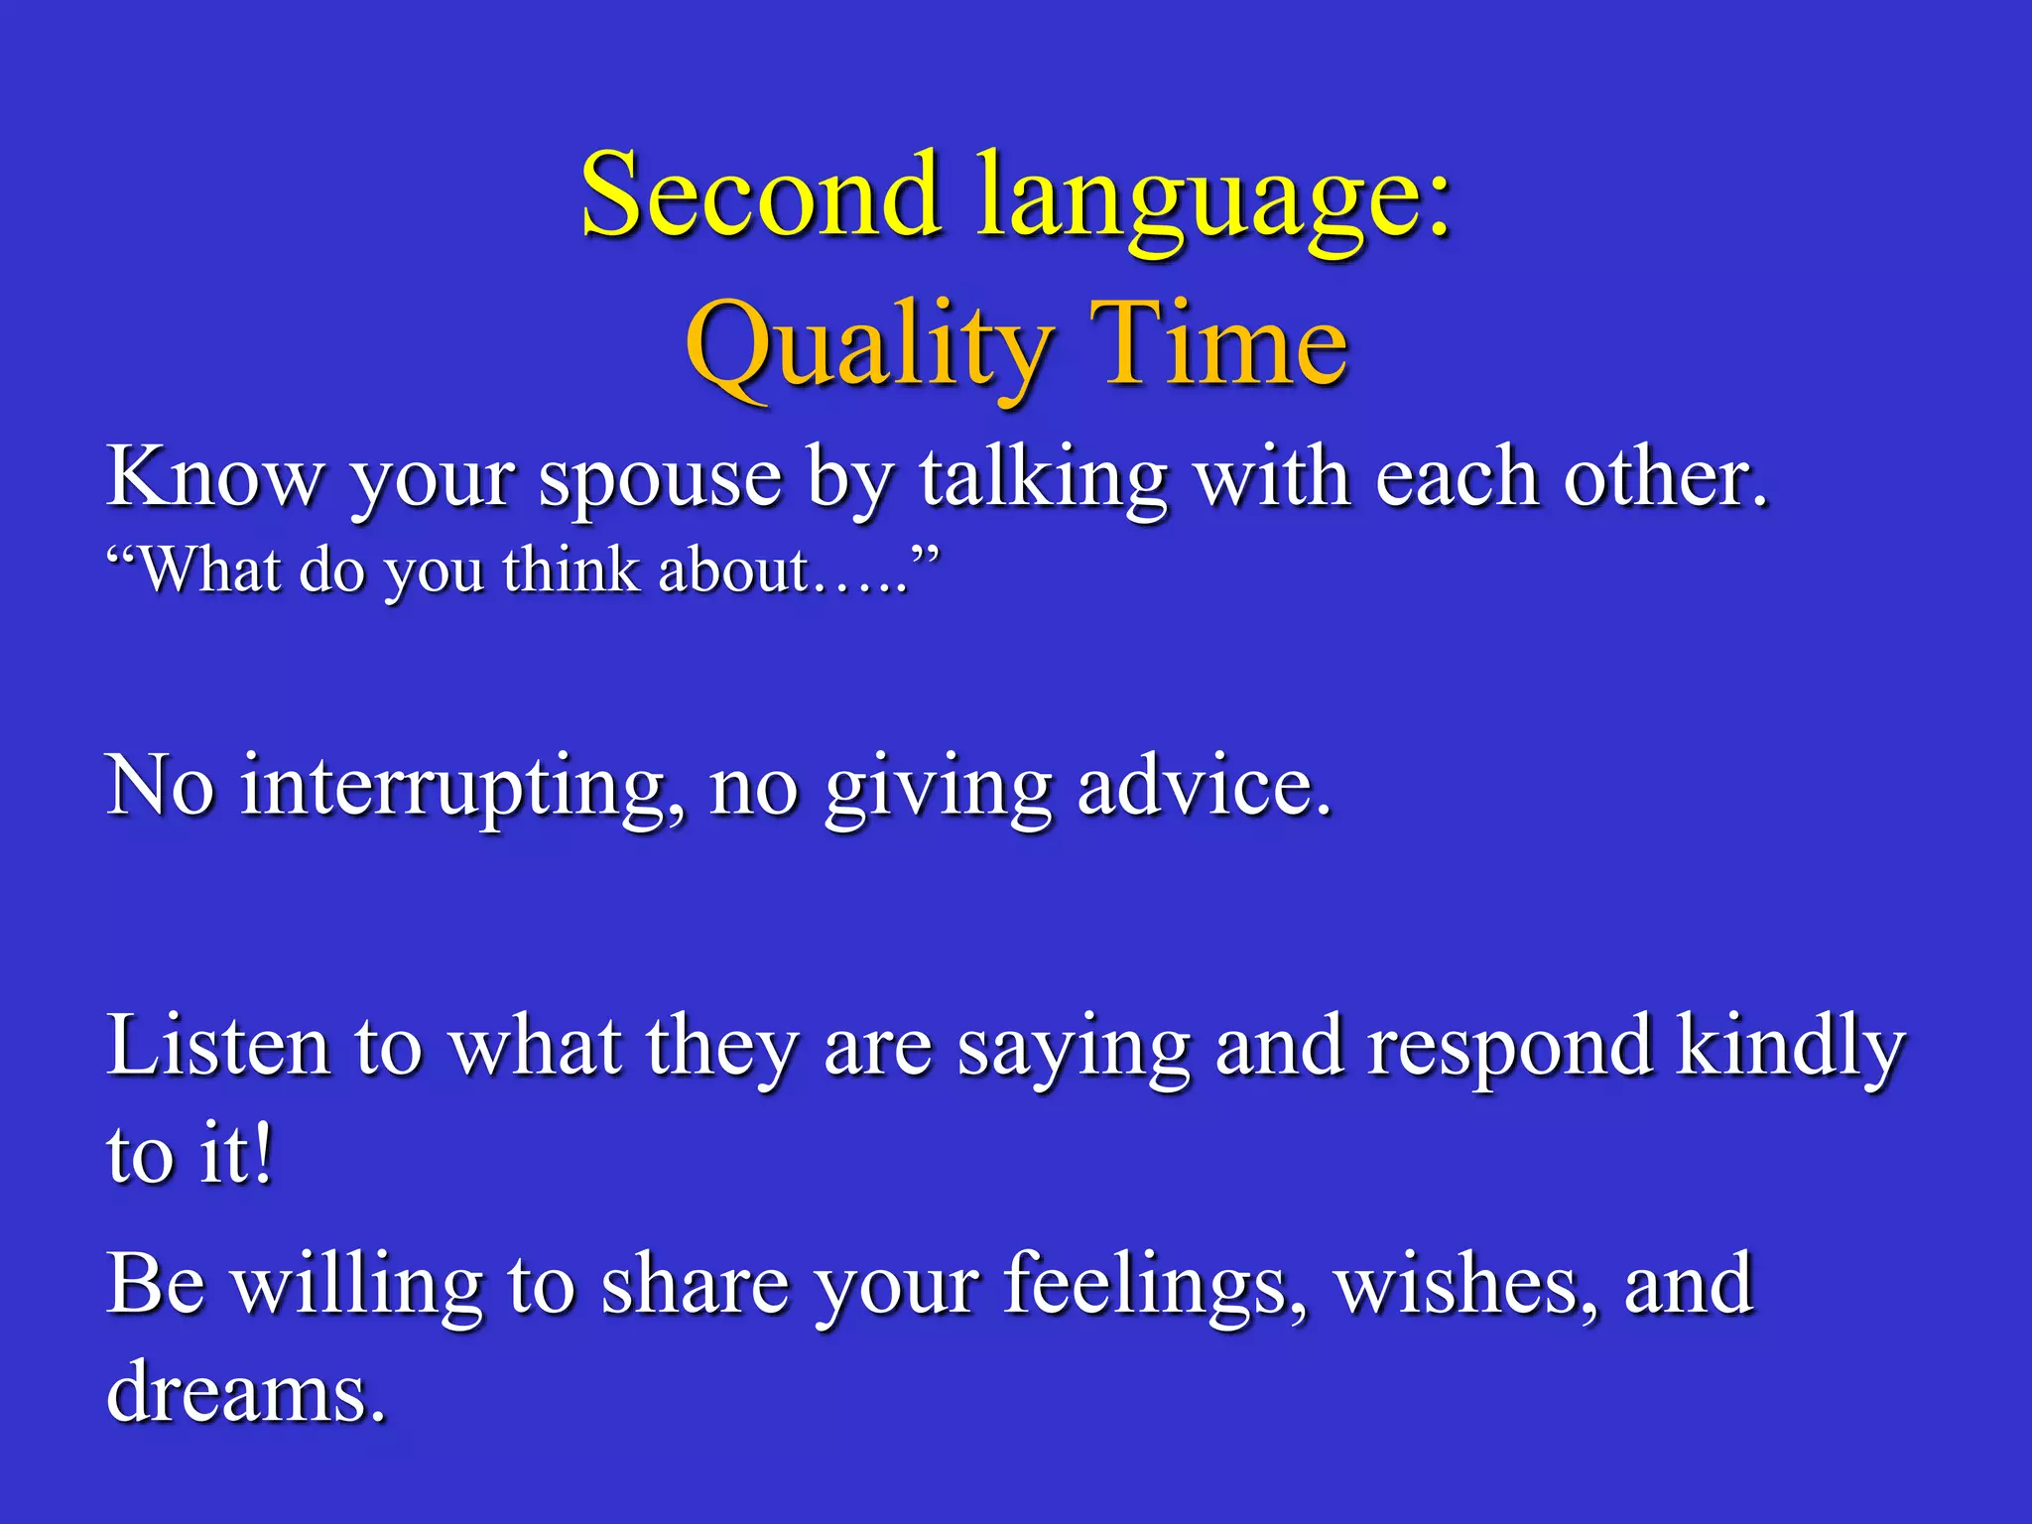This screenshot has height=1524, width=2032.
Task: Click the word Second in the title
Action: click(760, 194)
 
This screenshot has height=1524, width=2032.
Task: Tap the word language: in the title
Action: click(1214, 198)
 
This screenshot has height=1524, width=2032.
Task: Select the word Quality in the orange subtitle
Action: click(867, 347)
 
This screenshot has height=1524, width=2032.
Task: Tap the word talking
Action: click(1043, 480)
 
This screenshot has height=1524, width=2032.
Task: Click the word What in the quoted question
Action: click(208, 571)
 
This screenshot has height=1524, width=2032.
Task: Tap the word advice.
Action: click(1204, 787)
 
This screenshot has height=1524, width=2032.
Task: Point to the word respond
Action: click(1509, 1050)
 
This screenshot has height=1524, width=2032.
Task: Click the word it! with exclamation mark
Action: click(235, 1155)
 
